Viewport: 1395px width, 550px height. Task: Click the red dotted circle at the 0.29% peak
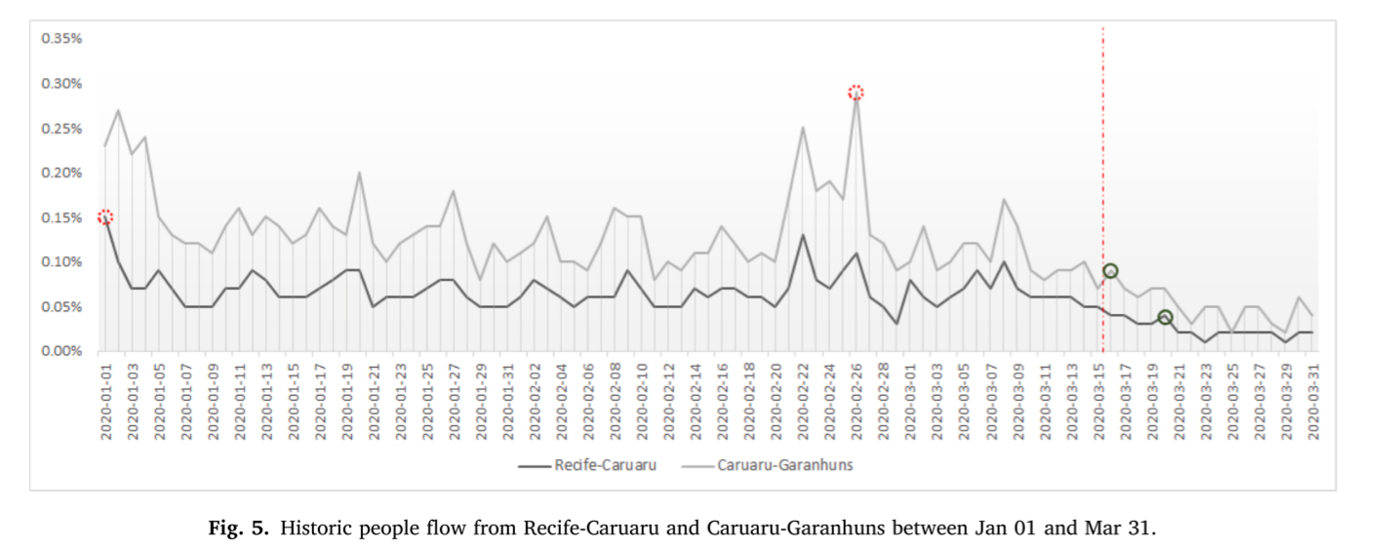tap(856, 93)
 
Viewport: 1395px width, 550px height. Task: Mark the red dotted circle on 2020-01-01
tap(105, 217)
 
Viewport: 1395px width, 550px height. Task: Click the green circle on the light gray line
tap(1110, 271)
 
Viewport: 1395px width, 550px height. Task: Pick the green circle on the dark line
tap(1165, 317)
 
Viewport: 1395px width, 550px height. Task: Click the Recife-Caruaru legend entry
tap(605, 465)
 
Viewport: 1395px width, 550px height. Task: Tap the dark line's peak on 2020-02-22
tap(802, 235)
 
